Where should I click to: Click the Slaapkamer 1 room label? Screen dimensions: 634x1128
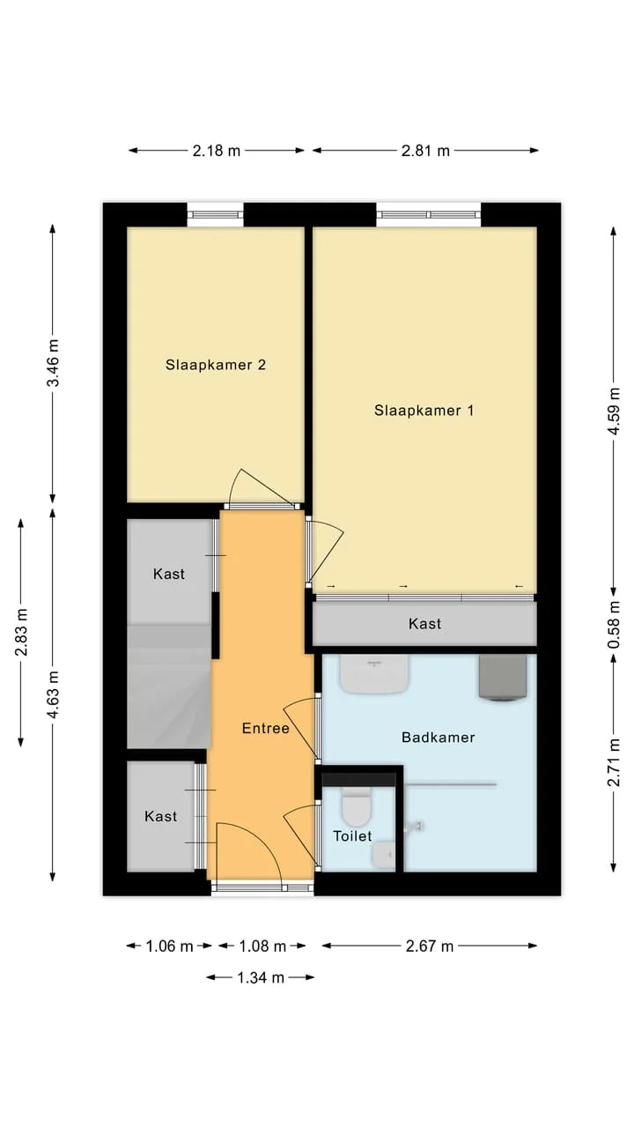[424, 411]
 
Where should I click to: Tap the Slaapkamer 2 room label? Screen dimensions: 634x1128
[216, 365]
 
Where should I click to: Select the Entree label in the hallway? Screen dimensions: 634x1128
[266, 728]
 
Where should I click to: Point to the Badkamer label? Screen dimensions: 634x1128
[439, 738]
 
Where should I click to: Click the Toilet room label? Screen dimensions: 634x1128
[353, 836]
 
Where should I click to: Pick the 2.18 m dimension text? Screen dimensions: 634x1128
[217, 151]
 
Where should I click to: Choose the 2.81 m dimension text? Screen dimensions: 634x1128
[425, 151]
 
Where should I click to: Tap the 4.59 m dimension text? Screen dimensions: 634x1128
[614, 411]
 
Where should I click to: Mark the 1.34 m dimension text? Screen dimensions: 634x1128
[261, 977]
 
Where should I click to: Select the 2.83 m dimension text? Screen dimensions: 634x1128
[21, 632]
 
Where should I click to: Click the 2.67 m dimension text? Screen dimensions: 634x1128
[430, 946]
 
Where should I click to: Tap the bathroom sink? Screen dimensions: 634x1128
[374, 674]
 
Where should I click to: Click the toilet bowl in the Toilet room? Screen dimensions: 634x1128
[357, 806]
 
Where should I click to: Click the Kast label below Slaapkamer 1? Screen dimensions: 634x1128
[424, 624]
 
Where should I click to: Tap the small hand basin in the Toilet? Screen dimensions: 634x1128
[384, 855]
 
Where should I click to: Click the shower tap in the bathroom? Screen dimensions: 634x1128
[414, 827]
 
